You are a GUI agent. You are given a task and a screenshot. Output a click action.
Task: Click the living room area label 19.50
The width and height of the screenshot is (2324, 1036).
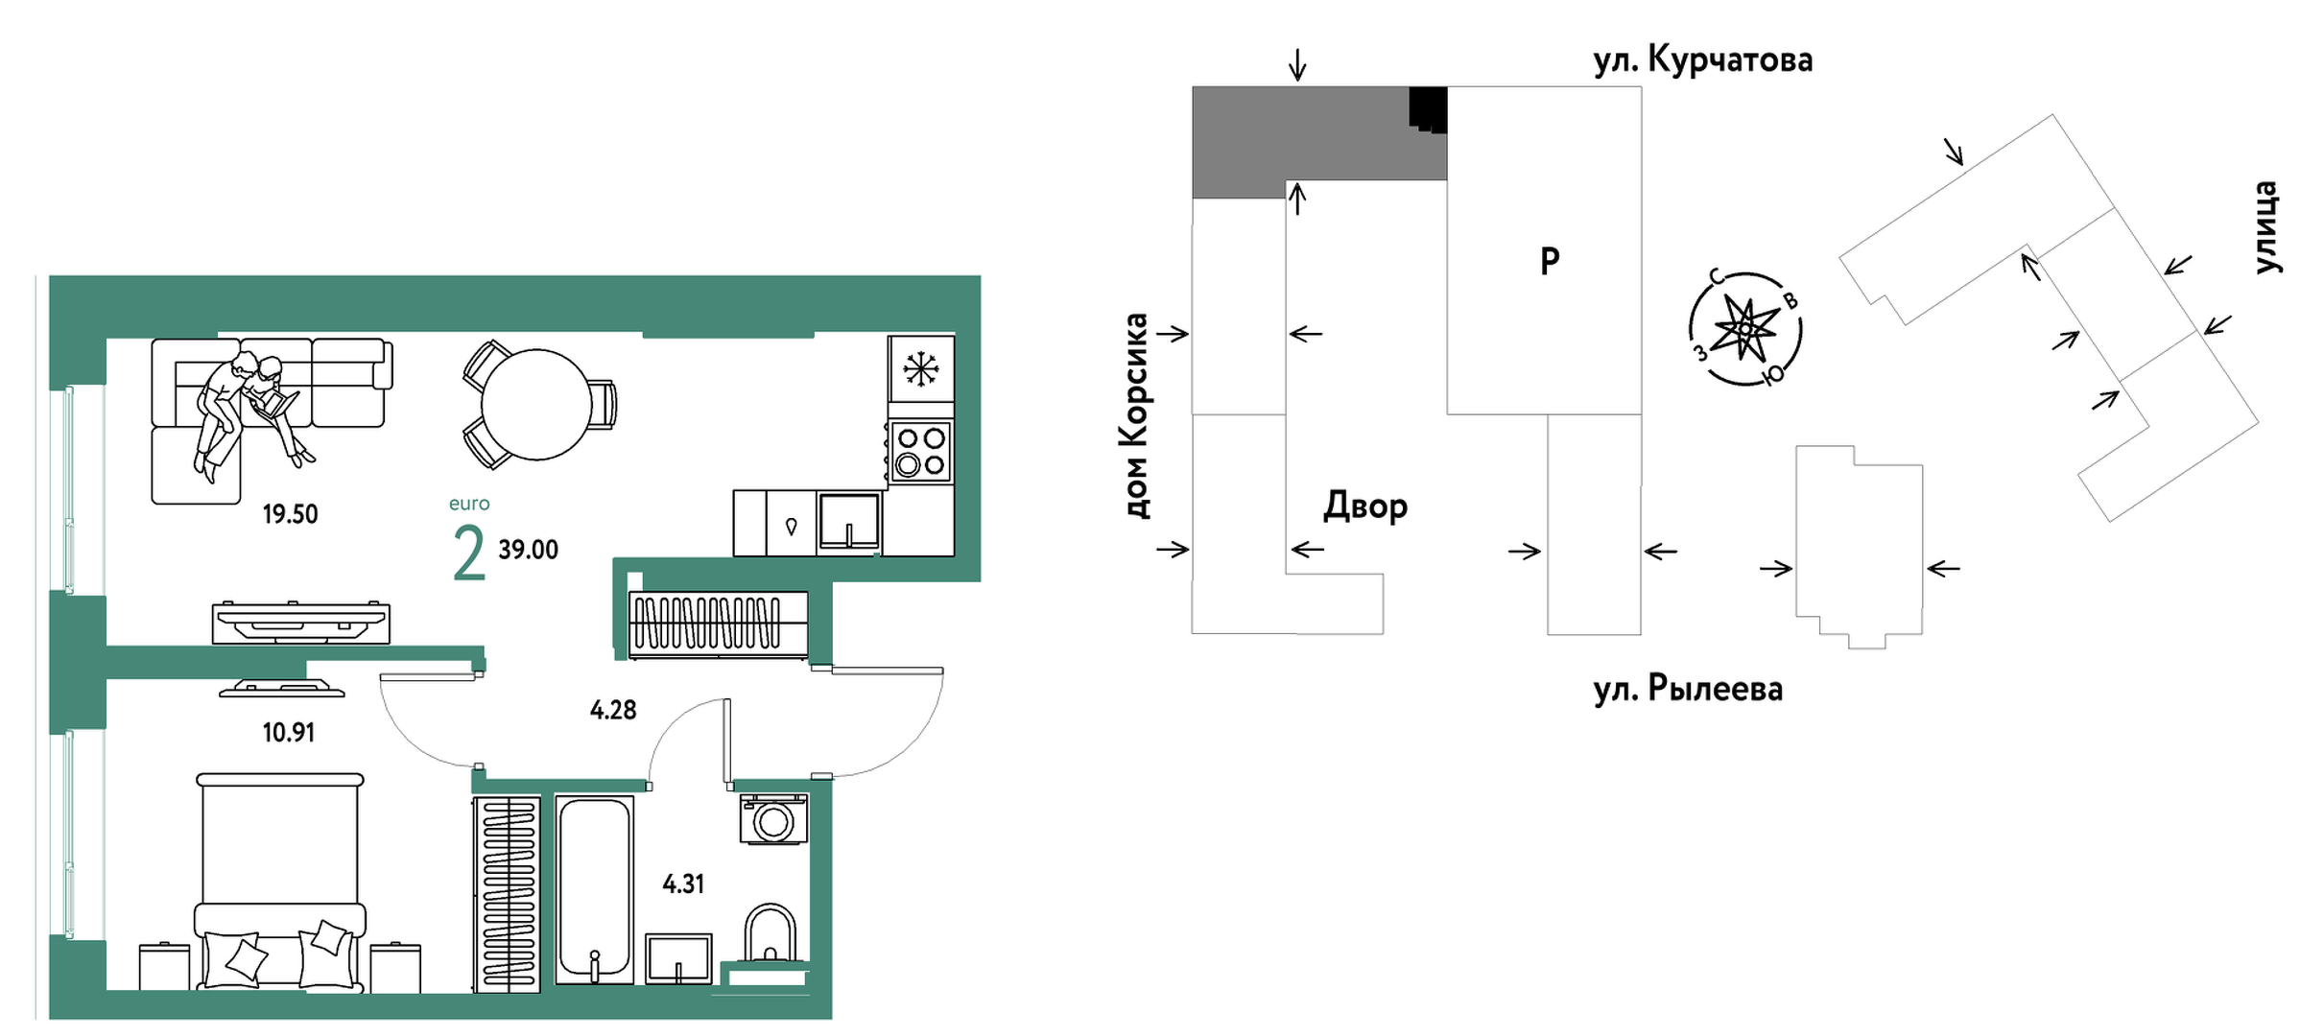(x=290, y=514)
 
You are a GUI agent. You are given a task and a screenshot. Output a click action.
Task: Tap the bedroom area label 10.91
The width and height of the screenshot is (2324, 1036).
(x=288, y=733)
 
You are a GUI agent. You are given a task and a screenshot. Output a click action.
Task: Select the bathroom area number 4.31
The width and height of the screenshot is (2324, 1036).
(x=683, y=883)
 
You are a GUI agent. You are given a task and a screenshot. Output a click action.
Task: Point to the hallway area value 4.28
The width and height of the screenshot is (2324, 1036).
(x=613, y=710)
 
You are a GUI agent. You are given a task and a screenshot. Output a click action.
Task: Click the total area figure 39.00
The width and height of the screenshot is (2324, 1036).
(x=528, y=550)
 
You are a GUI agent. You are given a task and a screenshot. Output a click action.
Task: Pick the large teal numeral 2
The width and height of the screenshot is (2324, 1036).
(x=468, y=554)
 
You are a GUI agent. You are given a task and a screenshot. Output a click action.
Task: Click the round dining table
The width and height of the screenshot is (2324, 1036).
(x=535, y=404)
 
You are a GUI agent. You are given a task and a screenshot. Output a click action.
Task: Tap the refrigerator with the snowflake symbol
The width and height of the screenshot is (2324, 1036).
(x=920, y=368)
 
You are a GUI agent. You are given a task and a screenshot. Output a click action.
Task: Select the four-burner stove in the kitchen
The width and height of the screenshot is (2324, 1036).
(x=920, y=452)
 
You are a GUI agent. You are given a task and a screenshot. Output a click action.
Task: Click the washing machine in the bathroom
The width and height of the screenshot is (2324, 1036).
(x=773, y=820)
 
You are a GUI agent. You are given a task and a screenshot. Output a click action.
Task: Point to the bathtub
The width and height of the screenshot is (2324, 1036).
(x=594, y=888)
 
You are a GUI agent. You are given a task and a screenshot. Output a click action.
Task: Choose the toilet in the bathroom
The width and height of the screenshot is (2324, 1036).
(x=770, y=934)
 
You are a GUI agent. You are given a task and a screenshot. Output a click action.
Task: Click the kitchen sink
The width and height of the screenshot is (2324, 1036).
(x=848, y=521)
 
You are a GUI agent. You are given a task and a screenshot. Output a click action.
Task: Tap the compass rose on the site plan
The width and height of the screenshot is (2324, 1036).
(x=1744, y=329)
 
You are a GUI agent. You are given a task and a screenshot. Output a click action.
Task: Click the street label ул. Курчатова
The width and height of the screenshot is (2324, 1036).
(x=1702, y=60)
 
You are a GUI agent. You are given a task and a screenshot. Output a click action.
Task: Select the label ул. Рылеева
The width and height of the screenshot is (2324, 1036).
(x=1688, y=689)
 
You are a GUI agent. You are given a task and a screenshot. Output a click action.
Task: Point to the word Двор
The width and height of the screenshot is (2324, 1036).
(x=1364, y=506)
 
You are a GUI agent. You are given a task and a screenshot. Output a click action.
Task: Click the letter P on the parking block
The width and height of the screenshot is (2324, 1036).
(x=1549, y=260)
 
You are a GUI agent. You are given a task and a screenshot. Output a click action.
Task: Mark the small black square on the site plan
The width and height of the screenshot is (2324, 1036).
(x=1427, y=108)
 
